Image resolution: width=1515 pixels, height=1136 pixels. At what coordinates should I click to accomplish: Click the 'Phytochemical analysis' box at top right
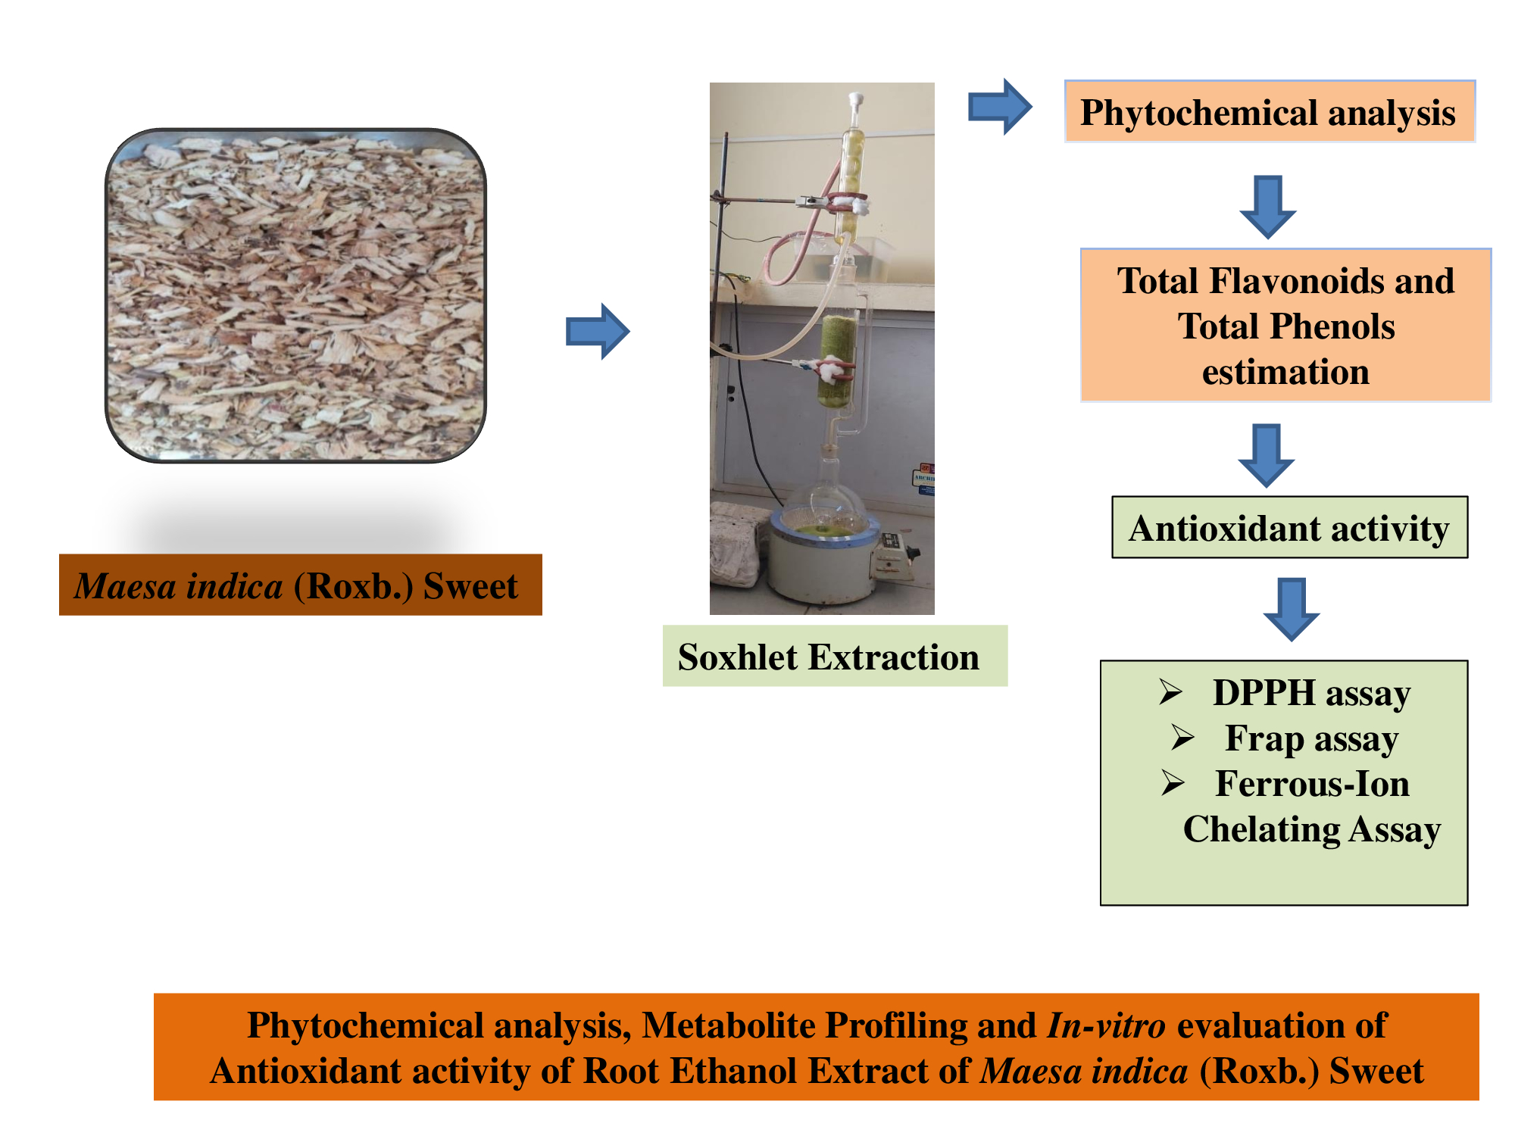coord(1269,112)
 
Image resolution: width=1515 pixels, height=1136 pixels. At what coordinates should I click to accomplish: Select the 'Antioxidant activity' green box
coord(1289,528)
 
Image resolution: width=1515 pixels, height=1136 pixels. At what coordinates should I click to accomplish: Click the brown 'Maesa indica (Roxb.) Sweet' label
coord(300,585)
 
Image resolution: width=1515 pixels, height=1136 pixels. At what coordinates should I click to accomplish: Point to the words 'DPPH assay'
coord(1311,693)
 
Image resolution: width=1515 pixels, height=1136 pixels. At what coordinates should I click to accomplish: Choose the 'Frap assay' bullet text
coord(1311,738)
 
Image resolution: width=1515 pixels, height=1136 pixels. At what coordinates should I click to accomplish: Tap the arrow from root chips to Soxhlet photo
coord(598,331)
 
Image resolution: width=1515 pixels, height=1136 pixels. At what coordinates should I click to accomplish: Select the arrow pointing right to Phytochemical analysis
coord(1000,107)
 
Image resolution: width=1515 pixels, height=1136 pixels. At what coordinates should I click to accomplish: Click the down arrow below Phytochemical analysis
coord(1267,206)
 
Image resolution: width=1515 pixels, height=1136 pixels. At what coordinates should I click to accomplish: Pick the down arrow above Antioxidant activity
coord(1266,454)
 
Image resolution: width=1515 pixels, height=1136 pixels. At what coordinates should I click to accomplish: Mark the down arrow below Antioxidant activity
coord(1291,609)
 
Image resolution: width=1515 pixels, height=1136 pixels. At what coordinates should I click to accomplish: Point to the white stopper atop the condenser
coord(856,101)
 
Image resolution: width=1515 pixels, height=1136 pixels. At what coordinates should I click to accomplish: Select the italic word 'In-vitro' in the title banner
coord(1106,1025)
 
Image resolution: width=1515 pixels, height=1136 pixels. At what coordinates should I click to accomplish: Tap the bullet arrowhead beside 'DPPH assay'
coord(1170,691)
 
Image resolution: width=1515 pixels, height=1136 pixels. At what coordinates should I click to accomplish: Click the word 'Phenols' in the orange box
coord(1334,326)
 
